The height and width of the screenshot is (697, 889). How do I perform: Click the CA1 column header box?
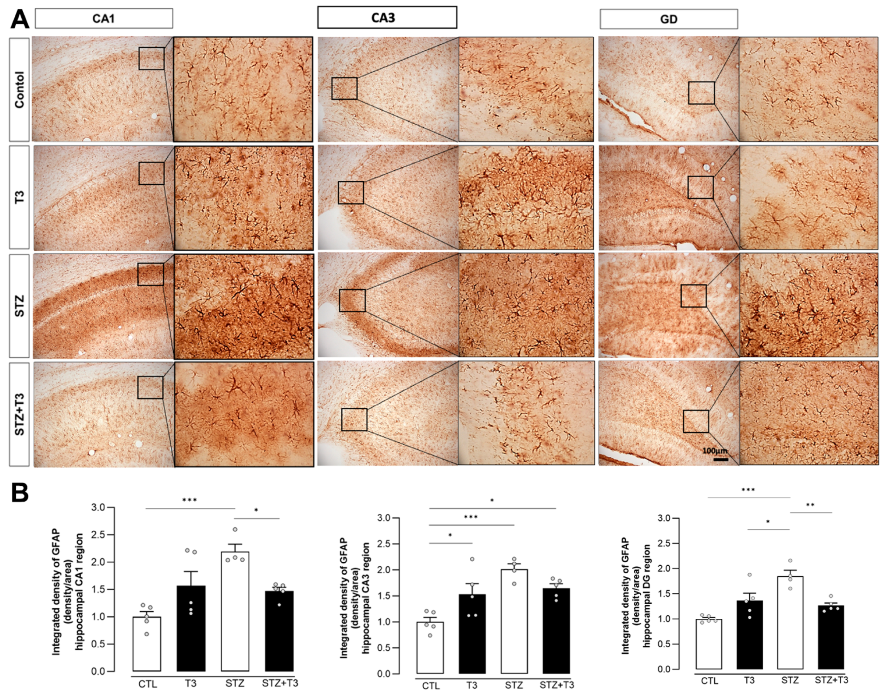104,18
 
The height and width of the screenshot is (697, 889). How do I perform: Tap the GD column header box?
668,19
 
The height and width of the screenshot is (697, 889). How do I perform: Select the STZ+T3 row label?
19,414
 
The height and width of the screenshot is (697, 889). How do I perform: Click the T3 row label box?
19,197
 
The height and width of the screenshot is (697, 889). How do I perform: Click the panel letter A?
19,19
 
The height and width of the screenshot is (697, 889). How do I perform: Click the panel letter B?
19,493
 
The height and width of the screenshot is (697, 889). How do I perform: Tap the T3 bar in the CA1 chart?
191,628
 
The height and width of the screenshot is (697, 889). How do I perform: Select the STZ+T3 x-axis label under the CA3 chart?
556,685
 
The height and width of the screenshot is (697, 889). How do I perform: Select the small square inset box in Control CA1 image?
152,58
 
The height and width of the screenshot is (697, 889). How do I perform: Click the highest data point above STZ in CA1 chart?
235,530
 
